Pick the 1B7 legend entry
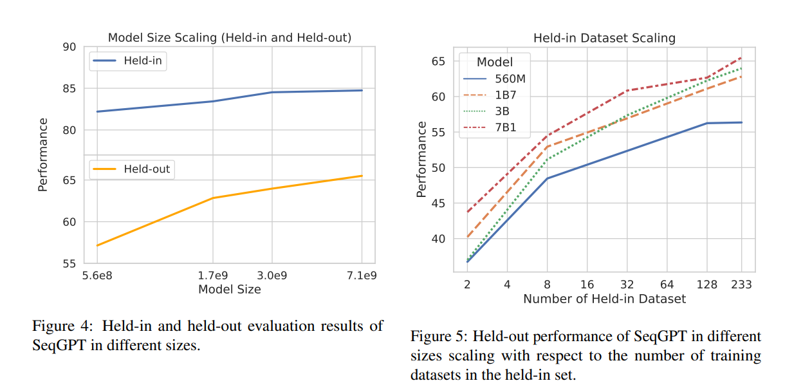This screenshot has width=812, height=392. coord(505,95)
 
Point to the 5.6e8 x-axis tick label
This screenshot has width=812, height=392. coord(97,275)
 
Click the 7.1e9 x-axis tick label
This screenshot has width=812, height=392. coord(362,275)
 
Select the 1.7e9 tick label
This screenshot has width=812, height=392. coord(212,275)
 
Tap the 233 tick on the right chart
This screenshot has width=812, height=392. coord(741,285)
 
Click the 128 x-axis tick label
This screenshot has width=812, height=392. coord(706,285)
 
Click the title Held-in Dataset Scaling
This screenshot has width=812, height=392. coord(604,38)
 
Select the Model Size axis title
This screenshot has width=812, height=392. coord(229,290)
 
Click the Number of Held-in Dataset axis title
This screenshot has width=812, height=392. coord(604,299)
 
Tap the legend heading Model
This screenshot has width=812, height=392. coord(495,62)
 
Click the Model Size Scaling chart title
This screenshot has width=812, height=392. coord(229,37)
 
